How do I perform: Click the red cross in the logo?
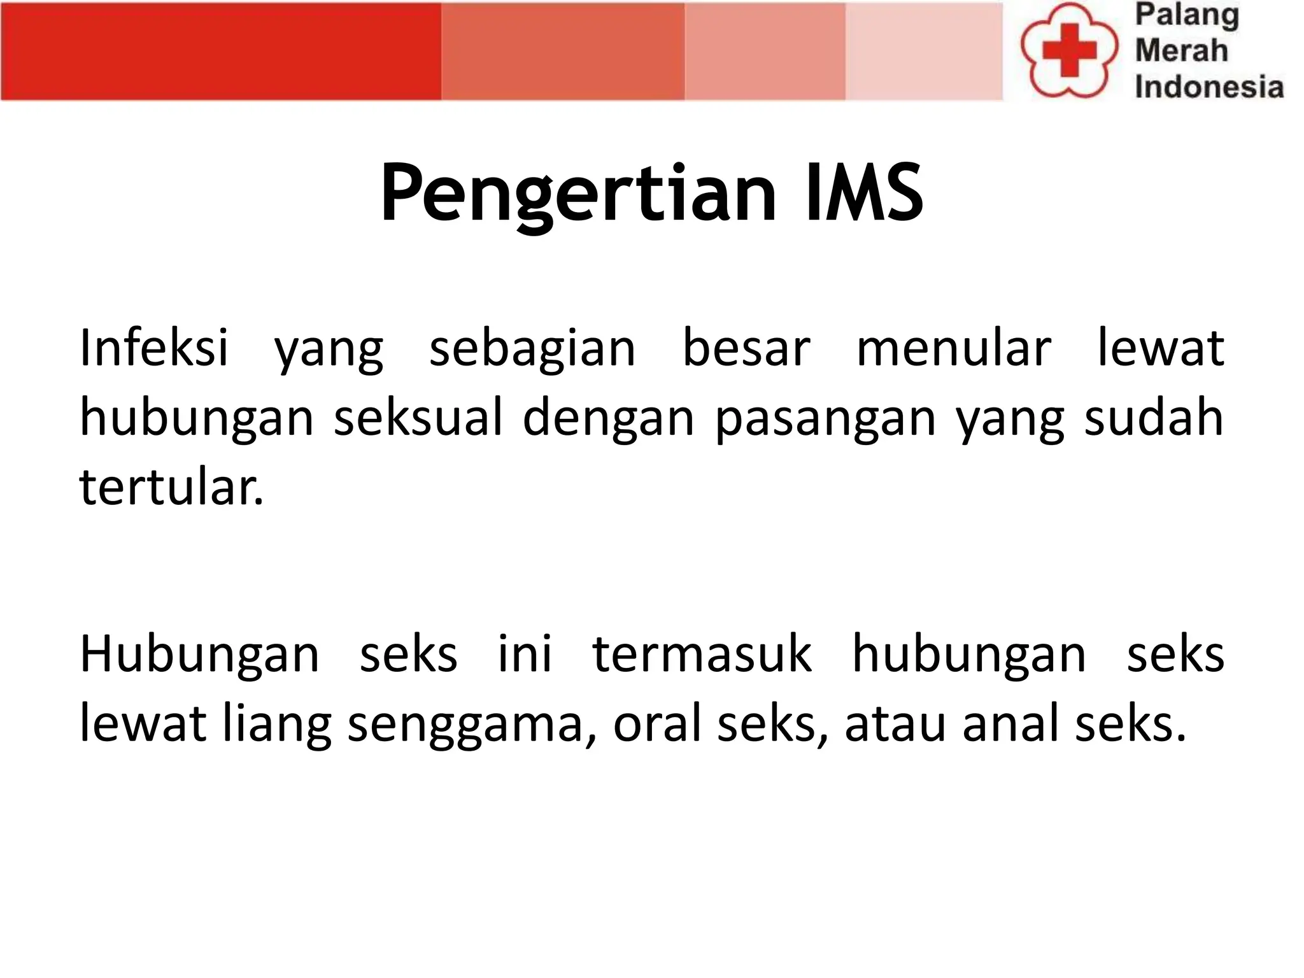pos(1069,50)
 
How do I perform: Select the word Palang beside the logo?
pos(1187,16)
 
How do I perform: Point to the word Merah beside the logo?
pos(1181,50)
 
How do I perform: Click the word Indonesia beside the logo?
pos(1208,87)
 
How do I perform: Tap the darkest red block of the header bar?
pos(220,51)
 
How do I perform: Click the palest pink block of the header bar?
pos(923,51)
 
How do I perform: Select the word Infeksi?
pos(153,348)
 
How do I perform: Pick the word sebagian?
pos(532,349)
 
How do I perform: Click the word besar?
pos(746,348)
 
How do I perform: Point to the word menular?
pos(953,348)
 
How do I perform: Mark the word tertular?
pos(171,488)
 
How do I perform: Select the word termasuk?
pos(702,654)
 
